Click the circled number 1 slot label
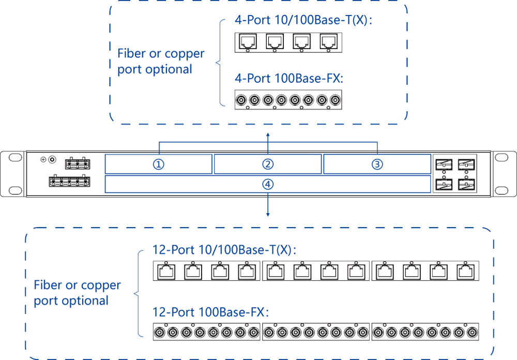tap(159, 164)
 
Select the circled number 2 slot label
tap(268, 164)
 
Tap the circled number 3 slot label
tap(377, 164)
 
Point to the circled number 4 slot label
tap(268, 184)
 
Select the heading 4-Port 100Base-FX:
tap(289, 79)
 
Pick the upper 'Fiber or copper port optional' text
tap(161, 61)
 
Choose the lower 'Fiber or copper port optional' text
tap(77, 292)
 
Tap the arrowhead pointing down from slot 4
tap(268, 214)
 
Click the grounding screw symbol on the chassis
tap(43, 159)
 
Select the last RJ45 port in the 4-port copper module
tap(328, 41)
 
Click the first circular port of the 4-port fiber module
tap(241, 100)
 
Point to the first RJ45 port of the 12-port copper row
tap(165, 272)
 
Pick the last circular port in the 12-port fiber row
tap(470, 332)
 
